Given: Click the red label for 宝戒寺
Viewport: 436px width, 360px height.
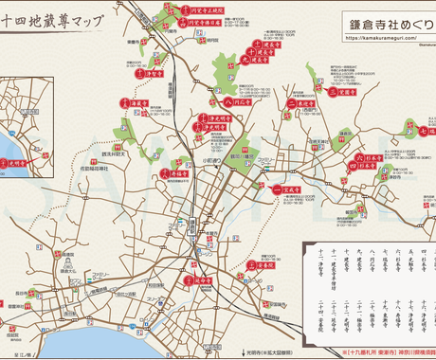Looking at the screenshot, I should pos(283,189).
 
